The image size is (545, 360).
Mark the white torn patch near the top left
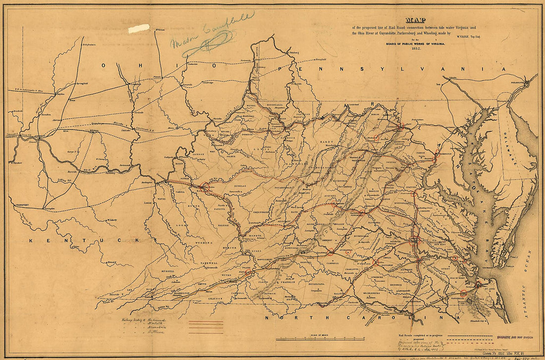139,29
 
